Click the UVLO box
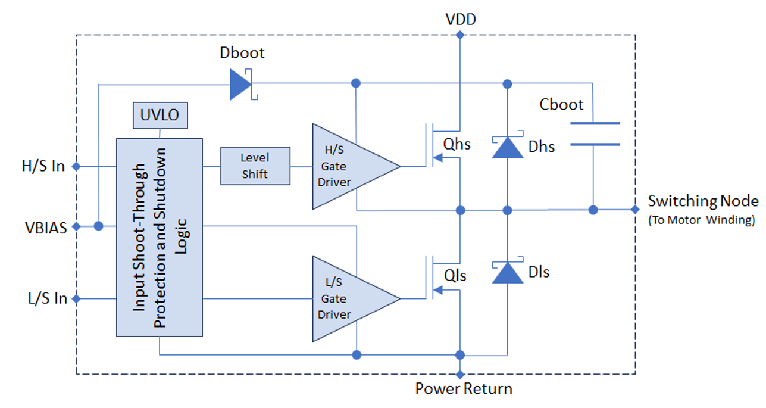tap(160, 115)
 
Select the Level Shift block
tap(255, 166)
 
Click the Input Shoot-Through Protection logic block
tap(159, 236)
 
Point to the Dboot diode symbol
tap(240, 83)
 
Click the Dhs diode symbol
tap(507, 147)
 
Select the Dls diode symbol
tap(507, 272)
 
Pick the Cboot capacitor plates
tap(594, 134)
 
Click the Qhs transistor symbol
tap(438, 145)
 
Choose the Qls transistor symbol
tap(438, 278)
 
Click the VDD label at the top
tap(460, 20)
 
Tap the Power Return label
tap(464, 390)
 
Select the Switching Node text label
tap(703, 201)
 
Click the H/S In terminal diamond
tap(76, 166)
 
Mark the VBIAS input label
tap(45, 226)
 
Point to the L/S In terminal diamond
tap(76, 298)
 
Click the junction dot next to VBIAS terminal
tap(98, 226)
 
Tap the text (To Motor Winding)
tap(701, 220)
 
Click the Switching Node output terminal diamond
tap(635, 210)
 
